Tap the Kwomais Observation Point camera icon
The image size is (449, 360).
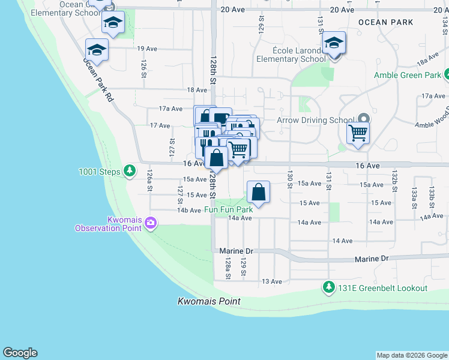pos(150,223)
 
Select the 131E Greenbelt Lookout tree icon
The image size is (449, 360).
pos(328,287)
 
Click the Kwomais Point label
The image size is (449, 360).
pos(209,301)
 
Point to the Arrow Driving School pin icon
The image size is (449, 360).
pos(362,119)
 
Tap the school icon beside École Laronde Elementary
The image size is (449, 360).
pos(334,44)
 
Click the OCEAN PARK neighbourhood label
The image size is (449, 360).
pos(385,22)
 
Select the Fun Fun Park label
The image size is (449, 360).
pos(228,209)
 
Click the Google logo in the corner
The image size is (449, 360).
pos(20,353)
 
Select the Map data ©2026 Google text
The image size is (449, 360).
pos(412,355)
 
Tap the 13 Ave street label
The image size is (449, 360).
pos(272,281)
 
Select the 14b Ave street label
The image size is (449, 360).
pos(189,210)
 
